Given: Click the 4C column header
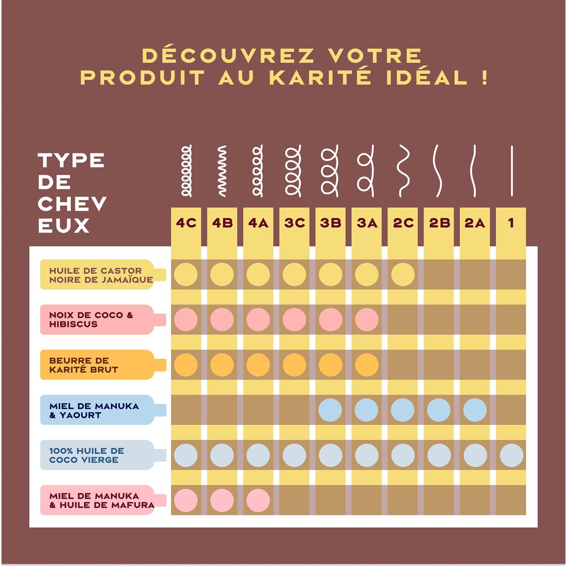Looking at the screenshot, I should (186, 223).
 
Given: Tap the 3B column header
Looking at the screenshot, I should (330, 223).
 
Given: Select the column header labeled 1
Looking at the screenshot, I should (511, 223).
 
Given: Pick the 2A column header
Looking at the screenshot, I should (475, 223).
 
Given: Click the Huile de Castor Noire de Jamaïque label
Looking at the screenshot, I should (101, 275).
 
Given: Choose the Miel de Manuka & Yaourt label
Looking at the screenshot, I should (94, 410).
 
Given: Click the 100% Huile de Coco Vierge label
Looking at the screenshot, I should (87, 455).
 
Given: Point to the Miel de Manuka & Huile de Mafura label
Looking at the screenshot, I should (101, 500).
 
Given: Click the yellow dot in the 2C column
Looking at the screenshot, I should (403, 275).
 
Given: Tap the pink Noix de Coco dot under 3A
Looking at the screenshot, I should (367, 320).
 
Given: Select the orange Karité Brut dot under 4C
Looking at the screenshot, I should (186, 365).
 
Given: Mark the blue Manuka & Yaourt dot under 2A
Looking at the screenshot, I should (475, 410).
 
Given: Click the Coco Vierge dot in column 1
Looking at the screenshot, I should (511, 455).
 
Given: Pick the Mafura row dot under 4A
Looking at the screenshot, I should (258, 500).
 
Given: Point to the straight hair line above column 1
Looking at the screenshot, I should (512, 171).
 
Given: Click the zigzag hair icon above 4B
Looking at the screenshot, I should (222, 171).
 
